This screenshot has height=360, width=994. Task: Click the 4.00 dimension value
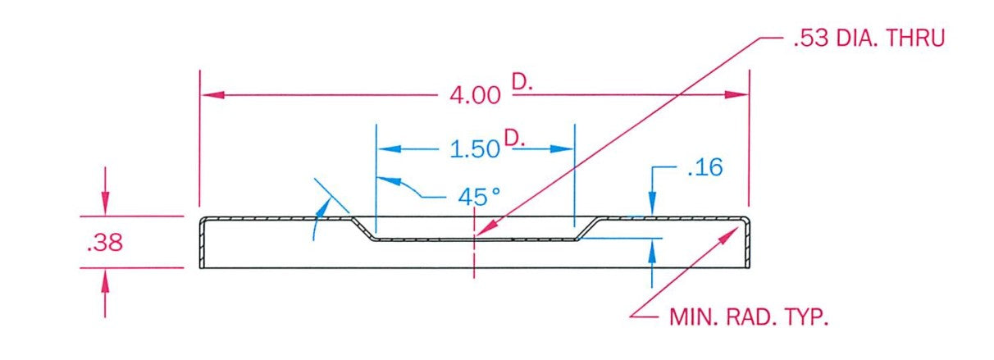(475, 95)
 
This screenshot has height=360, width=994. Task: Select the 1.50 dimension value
(475, 149)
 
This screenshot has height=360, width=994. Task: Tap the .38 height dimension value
(105, 244)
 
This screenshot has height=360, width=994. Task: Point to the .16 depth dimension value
(705, 168)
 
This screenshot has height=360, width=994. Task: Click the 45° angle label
(479, 197)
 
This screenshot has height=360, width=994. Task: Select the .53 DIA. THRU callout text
(869, 39)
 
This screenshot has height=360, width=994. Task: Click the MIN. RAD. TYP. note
(749, 317)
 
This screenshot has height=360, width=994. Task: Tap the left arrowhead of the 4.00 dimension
(212, 95)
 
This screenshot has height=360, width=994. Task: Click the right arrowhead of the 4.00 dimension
(736, 95)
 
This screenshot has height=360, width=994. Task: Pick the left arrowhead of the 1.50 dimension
(390, 148)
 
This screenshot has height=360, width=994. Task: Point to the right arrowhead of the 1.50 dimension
(563, 148)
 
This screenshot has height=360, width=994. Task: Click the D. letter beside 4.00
(522, 82)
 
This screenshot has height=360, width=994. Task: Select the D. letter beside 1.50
(515, 138)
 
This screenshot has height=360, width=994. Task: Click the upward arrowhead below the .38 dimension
(105, 280)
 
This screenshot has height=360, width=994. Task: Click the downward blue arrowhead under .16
(652, 203)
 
